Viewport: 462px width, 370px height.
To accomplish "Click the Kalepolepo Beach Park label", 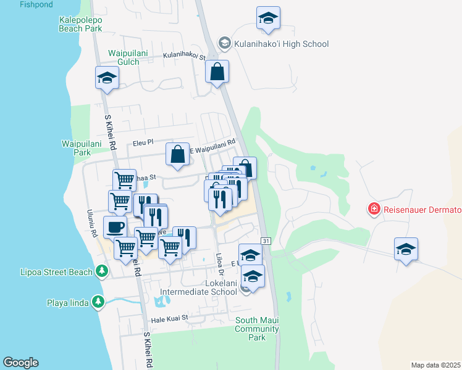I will (80, 24).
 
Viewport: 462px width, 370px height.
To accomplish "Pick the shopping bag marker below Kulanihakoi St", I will (217, 72).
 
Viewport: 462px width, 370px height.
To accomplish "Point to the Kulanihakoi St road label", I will (184, 55).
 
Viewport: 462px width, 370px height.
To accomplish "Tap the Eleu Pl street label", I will (142, 143).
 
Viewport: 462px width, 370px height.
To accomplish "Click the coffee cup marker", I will (115, 227).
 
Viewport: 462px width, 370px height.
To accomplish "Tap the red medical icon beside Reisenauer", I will (374, 210).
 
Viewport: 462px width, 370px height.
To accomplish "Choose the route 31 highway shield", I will (266, 240).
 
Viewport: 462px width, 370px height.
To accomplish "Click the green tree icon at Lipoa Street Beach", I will (101, 271).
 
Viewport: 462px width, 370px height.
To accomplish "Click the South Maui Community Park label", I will (258, 329).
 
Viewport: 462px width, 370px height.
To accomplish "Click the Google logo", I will (20, 363).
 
